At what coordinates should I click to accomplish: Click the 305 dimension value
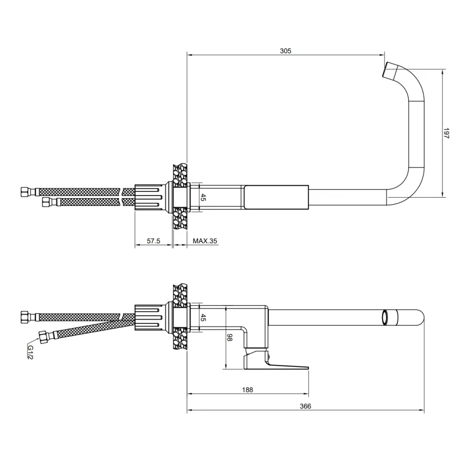[x=285, y=51]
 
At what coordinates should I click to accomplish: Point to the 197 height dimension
[x=446, y=133]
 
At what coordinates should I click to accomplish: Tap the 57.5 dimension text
[x=153, y=241]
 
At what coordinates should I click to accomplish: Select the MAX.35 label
[x=205, y=241]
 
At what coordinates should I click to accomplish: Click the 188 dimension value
[x=247, y=390]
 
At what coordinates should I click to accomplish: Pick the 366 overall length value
[x=305, y=407]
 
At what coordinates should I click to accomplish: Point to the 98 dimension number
[x=229, y=338]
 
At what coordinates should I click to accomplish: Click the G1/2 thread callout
[x=30, y=352]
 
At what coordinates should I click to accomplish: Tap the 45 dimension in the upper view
[x=203, y=197]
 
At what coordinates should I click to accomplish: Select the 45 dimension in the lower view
[x=203, y=318]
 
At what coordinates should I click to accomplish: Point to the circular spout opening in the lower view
[x=385, y=318]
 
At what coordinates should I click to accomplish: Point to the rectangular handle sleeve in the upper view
[x=276, y=198]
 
